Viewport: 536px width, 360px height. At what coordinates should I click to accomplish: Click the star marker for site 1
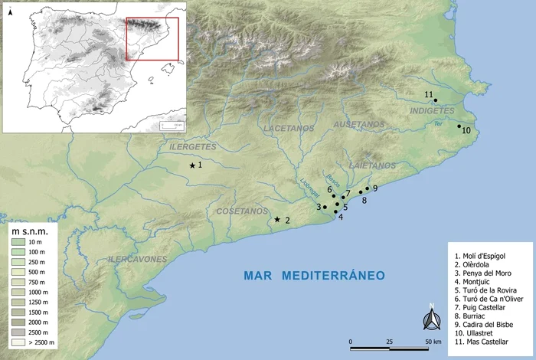click(x=192, y=165)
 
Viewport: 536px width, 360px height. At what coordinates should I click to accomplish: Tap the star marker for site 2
click(x=277, y=220)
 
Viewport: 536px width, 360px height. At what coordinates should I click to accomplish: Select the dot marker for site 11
click(x=436, y=100)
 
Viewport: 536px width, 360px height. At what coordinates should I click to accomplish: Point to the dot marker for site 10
click(x=459, y=126)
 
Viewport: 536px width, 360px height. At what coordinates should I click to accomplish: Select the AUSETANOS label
click(x=358, y=124)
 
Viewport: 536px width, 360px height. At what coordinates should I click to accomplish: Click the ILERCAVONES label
click(x=138, y=260)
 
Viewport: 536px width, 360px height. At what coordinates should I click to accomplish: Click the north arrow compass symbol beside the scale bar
click(x=432, y=319)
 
